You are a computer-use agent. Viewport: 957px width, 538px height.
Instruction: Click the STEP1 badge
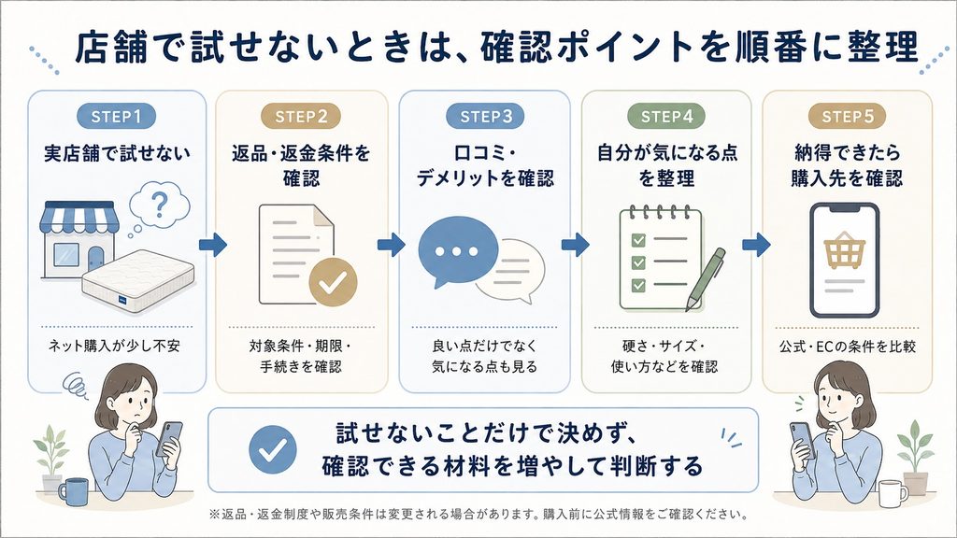click(x=116, y=116)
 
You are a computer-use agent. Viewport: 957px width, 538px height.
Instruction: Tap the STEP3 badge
click(x=486, y=116)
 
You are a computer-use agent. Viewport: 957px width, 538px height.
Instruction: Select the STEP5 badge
click(x=847, y=116)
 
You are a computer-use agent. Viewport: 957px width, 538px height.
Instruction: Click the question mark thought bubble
click(x=159, y=205)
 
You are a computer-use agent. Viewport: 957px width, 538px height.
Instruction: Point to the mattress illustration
click(x=138, y=280)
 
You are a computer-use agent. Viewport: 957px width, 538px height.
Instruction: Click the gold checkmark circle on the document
click(x=333, y=281)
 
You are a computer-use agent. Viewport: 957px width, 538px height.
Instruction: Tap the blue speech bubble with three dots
click(x=457, y=251)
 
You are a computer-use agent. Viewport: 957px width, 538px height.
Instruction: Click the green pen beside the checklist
click(x=706, y=278)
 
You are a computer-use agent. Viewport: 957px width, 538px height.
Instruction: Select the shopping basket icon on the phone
click(x=844, y=250)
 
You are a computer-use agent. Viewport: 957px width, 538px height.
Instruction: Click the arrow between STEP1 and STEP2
click(x=213, y=245)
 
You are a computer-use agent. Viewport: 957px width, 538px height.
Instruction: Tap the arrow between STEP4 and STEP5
click(x=756, y=245)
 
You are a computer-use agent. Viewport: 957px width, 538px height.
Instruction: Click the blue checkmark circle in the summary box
click(x=273, y=449)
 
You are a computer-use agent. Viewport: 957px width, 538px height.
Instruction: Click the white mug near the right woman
click(x=893, y=494)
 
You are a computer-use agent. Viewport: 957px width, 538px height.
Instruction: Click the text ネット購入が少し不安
click(x=114, y=346)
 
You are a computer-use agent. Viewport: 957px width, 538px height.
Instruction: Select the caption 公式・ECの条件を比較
click(x=847, y=347)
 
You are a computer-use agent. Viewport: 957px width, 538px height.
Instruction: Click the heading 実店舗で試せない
click(x=117, y=153)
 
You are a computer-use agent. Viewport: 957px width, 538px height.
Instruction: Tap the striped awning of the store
click(x=79, y=217)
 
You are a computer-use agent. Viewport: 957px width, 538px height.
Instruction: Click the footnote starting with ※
click(x=478, y=515)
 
